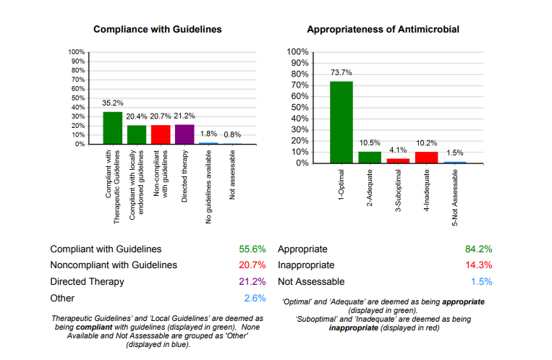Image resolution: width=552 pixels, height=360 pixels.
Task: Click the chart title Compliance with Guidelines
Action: [157, 30]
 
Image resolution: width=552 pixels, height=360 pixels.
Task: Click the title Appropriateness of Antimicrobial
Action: [383, 30]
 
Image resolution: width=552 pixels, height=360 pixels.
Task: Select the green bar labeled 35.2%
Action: [112, 128]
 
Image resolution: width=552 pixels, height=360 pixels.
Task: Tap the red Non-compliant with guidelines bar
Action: [160, 134]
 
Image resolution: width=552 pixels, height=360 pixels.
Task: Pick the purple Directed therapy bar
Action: [184, 134]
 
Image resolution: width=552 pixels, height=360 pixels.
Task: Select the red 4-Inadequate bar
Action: [427, 157]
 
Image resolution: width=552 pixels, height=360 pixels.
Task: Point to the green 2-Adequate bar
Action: [370, 157]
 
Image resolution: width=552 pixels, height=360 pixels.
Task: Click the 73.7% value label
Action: [341, 72]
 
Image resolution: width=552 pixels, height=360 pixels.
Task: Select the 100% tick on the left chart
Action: [77, 52]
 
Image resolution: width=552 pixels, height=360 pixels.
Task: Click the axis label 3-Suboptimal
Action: [399, 189]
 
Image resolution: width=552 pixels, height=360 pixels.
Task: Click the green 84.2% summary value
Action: [478, 249]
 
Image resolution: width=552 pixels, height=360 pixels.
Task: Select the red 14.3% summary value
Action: [478, 265]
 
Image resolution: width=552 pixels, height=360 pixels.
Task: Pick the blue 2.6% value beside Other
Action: [255, 298]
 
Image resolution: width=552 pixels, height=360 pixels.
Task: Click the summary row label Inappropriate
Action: [307, 265]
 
